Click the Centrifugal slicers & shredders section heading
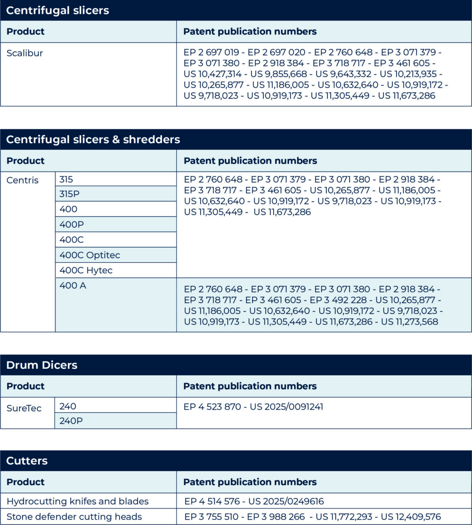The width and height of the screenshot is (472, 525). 93,139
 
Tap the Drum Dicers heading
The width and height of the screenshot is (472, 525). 41,365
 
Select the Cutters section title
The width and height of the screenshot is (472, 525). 27,461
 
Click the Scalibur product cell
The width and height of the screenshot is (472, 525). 25,53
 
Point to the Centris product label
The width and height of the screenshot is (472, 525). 23,180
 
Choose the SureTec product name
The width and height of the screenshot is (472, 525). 24,408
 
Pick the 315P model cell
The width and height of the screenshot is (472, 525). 69,194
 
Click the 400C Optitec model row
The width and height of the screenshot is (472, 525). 90,255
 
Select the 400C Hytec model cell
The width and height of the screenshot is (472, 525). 86,270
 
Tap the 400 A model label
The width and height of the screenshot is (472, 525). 73,285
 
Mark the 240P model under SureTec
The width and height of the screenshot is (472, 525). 71,421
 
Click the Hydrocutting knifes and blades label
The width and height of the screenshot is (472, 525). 78,501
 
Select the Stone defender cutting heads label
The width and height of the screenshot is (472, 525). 74,517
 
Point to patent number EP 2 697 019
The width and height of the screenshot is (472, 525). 211,52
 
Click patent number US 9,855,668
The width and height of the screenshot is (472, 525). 279,74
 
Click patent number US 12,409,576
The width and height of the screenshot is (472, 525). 410,517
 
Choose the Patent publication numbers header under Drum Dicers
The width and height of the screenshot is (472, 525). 250,386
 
